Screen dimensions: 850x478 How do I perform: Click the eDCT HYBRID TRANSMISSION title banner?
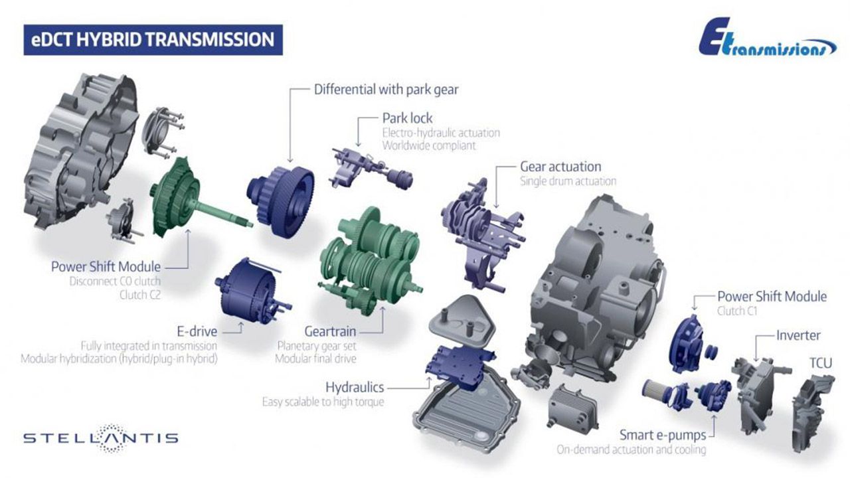coord(153,40)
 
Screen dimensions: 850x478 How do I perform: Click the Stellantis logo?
coord(100,438)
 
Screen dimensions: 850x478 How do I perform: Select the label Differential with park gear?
coord(386,90)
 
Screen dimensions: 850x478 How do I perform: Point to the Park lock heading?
coord(407,118)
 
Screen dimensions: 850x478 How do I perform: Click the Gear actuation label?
coord(560,167)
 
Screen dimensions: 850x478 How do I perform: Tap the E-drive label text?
coord(197,331)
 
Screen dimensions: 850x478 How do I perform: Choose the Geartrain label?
coord(330,331)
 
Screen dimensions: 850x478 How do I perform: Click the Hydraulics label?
coord(355,387)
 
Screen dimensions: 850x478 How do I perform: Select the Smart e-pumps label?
coord(663,435)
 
